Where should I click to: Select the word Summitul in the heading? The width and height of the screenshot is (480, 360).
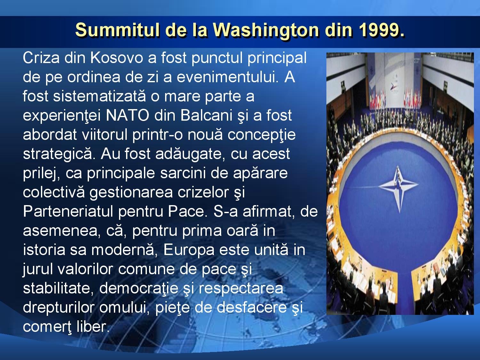pos(117,30)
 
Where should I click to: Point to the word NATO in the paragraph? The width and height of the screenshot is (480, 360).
pos(127,116)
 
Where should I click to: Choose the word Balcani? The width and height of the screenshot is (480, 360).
pos(206,116)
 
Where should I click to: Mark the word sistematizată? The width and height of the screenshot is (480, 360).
pos(99,96)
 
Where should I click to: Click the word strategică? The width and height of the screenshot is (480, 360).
pos(59,154)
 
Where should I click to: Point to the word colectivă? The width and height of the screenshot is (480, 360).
pos(54,192)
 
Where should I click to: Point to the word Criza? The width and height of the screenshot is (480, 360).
pos(41,58)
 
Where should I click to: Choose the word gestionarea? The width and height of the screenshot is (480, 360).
pos(131,193)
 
